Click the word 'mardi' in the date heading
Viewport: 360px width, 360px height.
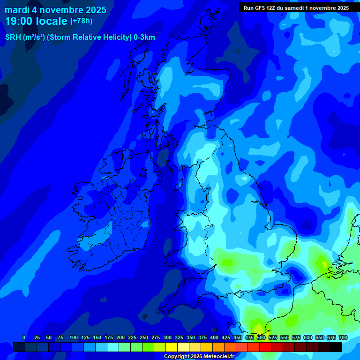(16, 10)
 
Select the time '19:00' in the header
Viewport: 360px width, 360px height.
(18, 21)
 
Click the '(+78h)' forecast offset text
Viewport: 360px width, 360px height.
(81, 21)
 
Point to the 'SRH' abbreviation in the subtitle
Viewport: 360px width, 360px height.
(13, 37)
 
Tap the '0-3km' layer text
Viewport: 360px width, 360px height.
(144, 37)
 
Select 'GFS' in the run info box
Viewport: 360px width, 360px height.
(262, 8)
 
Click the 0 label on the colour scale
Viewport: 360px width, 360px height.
(24, 337)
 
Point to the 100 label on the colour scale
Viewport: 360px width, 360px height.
(74, 337)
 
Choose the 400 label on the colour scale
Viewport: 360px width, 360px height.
(214, 337)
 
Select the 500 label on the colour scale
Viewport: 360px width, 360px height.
(261, 337)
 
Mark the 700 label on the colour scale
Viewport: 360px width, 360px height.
(343, 337)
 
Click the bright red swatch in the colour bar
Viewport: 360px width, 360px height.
(265, 347)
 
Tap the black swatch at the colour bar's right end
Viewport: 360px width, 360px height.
(336, 347)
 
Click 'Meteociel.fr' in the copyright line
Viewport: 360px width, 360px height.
(218, 357)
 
